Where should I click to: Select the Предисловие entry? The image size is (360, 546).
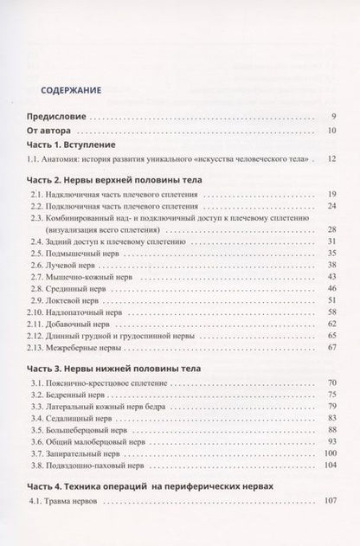[56, 117]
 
